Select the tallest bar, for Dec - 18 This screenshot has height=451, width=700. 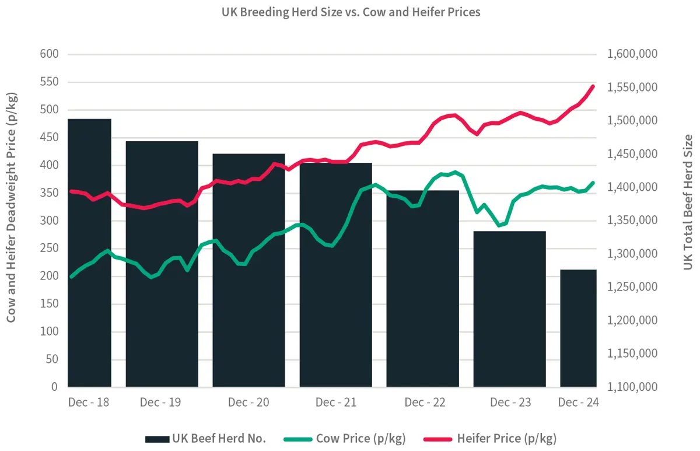[x=89, y=253]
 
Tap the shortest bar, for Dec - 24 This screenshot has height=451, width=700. [x=578, y=328]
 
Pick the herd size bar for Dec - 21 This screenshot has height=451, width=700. [x=335, y=275]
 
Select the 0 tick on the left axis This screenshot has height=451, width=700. [x=54, y=387]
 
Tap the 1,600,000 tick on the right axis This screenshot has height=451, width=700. [x=632, y=54]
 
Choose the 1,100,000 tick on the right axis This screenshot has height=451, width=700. [x=632, y=387]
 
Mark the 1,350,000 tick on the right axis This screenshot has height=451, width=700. [x=632, y=221]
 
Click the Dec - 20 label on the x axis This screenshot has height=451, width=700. [x=249, y=403]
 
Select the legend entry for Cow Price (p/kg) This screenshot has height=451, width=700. [x=344, y=438]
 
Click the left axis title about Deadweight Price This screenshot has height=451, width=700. [x=12, y=207]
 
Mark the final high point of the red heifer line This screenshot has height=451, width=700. [x=593, y=86]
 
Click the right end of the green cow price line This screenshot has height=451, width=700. [x=593, y=183]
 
